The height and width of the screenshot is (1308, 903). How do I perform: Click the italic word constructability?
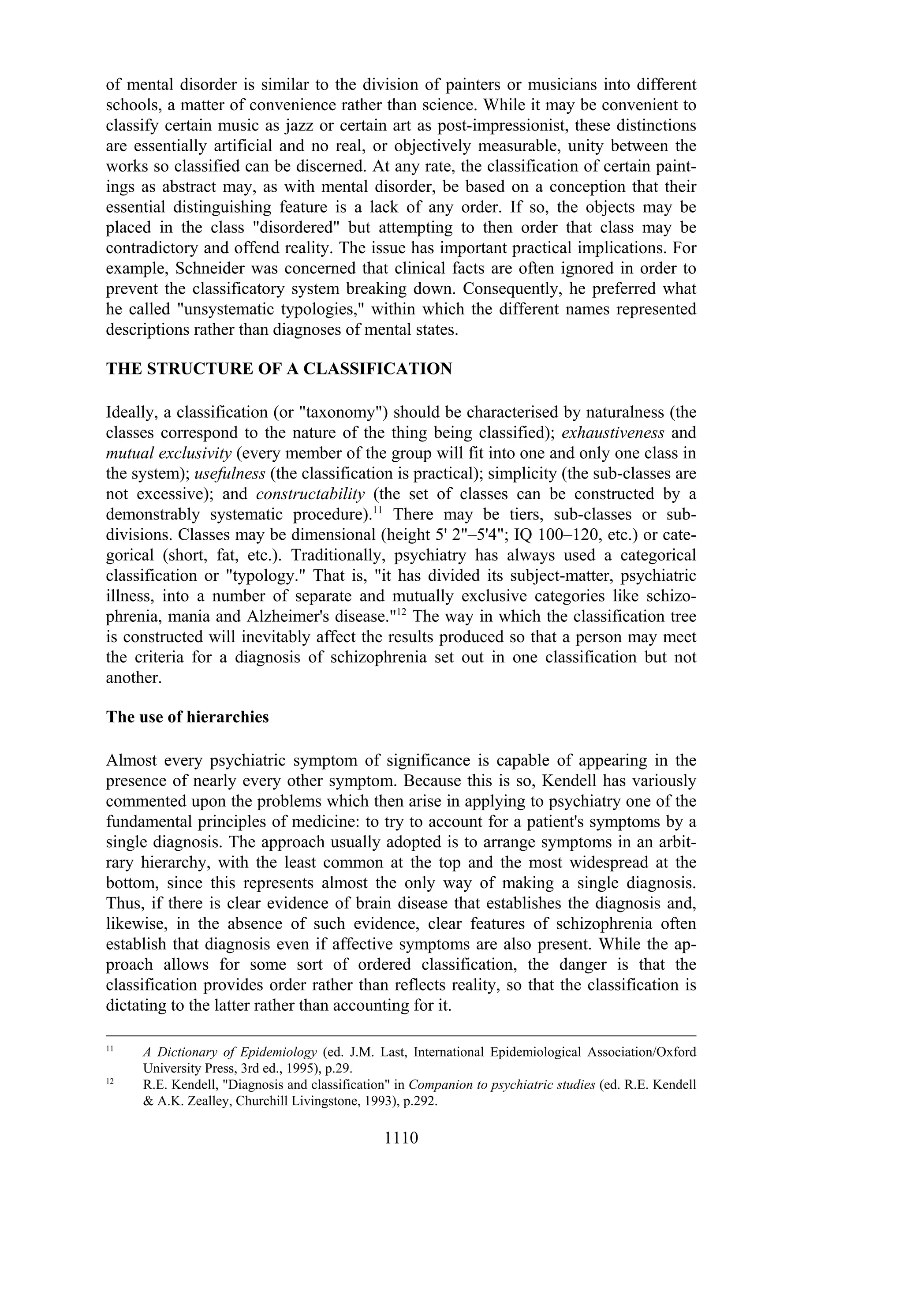[x=310, y=494]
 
